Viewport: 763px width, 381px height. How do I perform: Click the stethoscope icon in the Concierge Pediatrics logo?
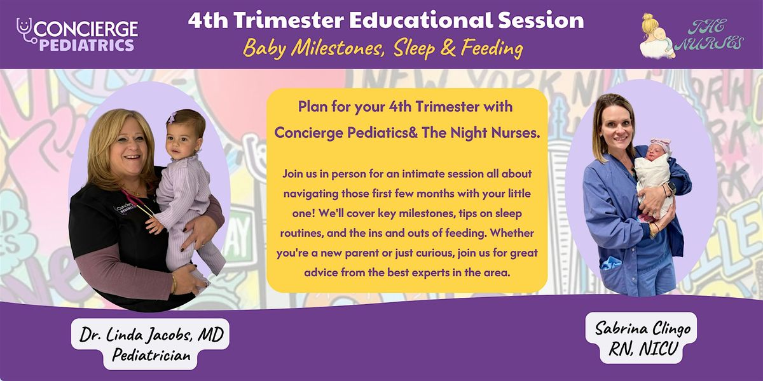click(x=25, y=30)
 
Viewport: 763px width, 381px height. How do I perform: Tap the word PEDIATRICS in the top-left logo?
click(x=86, y=45)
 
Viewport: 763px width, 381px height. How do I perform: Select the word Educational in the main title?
click(x=420, y=20)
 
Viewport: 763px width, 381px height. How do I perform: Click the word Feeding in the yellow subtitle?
click(x=492, y=48)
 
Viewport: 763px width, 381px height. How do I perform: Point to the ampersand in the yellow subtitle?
click(x=448, y=48)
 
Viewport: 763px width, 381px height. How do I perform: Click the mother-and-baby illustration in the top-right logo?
click(x=656, y=36)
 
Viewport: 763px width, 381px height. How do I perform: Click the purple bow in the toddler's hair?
click(x=173, y=118)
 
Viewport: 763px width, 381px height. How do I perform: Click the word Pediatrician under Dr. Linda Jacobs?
click(x=151, y=356)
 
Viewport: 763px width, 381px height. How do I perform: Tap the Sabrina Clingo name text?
click(x=642, y=328)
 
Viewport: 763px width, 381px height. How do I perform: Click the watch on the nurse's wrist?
click(x=671, y=188)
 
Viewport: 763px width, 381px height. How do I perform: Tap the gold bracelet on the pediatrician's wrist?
click(x=174, y=284)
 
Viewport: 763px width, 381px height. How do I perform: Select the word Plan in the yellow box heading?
click(x=313, y=107)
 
